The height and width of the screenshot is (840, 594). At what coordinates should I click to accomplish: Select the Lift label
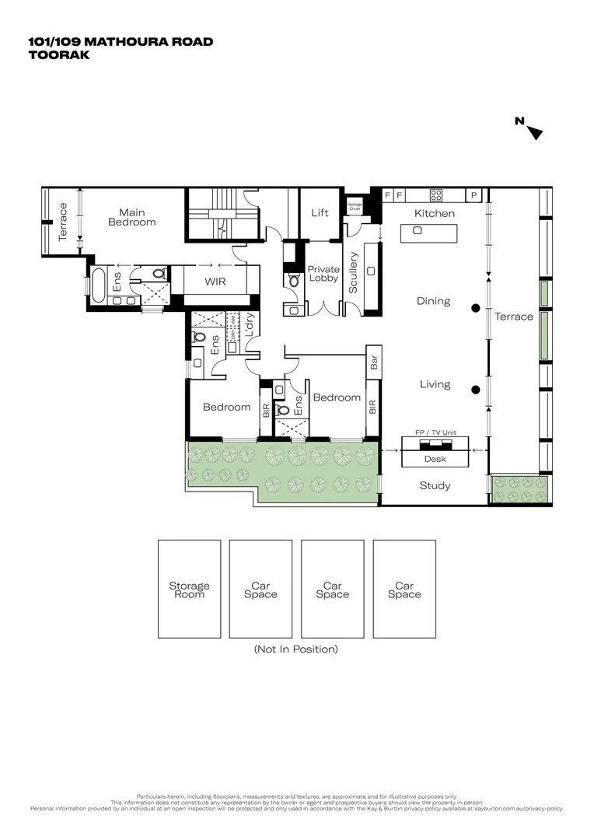(320, 212)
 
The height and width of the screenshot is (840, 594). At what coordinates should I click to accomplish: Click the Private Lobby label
(323, 274)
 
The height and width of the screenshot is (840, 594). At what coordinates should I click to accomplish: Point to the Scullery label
(354, 272)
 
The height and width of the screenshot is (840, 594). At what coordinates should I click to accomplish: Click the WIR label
(215, 282)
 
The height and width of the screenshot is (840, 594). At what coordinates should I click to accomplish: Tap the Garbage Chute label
(355, 206)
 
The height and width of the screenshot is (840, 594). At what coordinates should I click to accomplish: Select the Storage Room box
(189, 590)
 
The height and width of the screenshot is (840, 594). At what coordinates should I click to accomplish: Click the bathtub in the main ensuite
(97, 285)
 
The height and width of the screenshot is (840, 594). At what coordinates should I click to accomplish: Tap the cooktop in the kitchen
(436, 195)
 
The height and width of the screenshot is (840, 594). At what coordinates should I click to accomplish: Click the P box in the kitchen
(473, 195)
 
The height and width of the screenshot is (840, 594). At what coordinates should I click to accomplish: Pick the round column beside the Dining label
(475, 308)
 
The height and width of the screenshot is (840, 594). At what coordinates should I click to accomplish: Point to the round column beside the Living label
(475, 390)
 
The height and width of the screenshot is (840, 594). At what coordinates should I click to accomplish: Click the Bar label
(374, 363)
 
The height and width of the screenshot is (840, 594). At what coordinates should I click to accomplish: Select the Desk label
(435, 459)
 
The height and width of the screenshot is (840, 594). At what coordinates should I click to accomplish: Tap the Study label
(435, 486)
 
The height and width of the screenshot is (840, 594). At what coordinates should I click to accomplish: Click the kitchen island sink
(418, 231)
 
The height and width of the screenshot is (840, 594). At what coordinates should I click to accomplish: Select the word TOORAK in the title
(58, 55)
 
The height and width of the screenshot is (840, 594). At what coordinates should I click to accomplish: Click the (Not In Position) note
(296, 649)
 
